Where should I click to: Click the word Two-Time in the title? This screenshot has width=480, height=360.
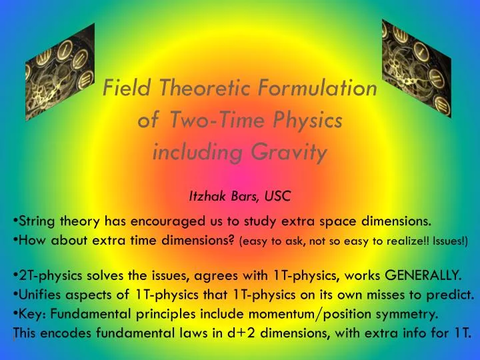click(x=209, y=121)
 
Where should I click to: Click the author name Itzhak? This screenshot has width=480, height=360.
click(x=209, y=196)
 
